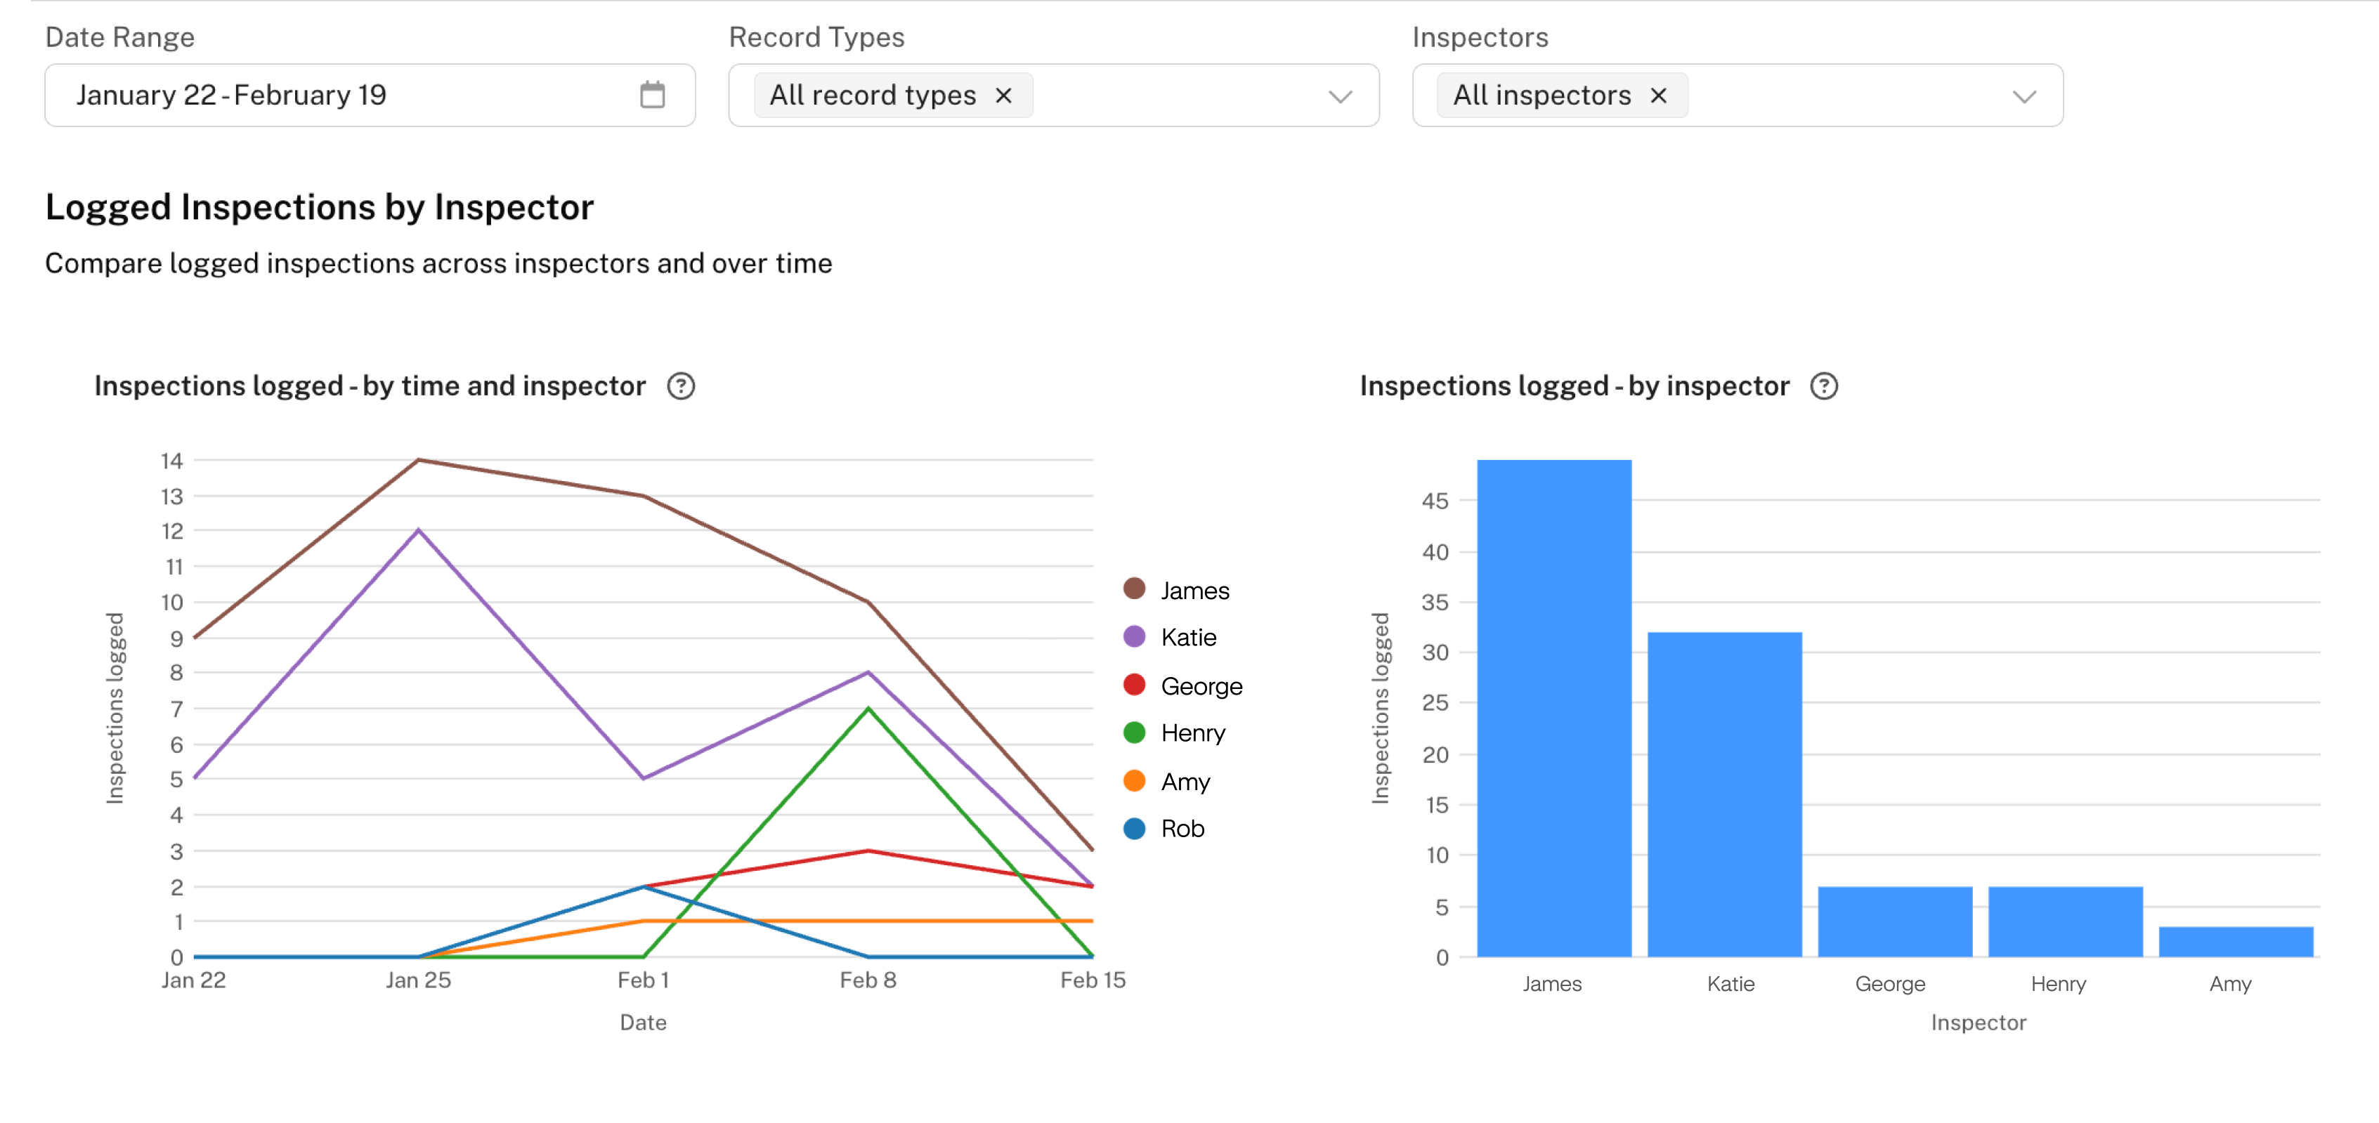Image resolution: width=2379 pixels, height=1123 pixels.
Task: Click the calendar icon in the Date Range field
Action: click(x=652, y=94)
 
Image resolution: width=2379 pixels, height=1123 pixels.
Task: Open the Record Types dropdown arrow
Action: click(x=1340, y=96)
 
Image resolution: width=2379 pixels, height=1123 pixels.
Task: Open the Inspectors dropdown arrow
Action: click(x=2023, y=96)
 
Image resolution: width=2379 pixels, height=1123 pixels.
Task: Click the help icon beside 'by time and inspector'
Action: click(x=681, y=386)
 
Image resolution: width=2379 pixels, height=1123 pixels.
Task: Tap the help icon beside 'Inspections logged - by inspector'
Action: click(x=1824, y=386)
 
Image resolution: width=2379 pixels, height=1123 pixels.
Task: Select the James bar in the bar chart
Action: click(x=1553, y=707)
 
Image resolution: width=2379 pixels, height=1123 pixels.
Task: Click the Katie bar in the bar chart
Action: click(x=1724, y=794)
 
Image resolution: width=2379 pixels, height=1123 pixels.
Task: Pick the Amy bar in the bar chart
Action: click(x=2235, y=941)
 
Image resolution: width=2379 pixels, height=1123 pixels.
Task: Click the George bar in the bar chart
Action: click(x=1894, y=921)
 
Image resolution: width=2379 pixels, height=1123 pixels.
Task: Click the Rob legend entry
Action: click(x=1182, y=829)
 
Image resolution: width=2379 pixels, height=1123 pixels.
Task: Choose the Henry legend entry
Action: click(x=1192, y=733)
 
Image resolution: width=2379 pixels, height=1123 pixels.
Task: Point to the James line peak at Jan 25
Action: click(x=418, y=460)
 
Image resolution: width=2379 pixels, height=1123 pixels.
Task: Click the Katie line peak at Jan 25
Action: click(x=418, y=530)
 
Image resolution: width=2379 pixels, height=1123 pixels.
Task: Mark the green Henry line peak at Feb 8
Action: click(x=868, y=709)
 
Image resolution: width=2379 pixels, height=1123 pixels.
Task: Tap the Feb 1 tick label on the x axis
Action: click(x=643, y=980)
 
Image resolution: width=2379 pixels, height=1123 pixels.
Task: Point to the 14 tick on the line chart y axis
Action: click(x=171, y=461)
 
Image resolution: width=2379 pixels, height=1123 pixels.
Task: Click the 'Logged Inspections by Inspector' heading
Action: click(x=320, y=207)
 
